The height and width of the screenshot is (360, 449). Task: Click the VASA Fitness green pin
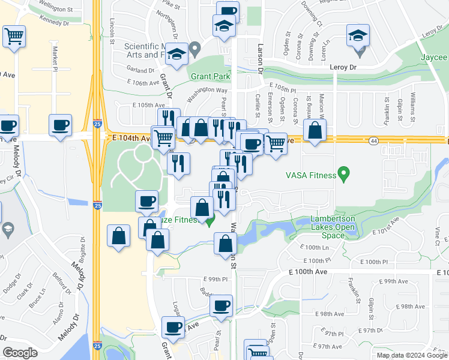[x=343, y=175]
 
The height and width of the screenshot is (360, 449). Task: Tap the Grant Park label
[x=211, y=77]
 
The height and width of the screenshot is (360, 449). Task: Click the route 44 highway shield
[x=373, y=140]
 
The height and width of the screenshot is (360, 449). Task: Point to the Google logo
[x=20, y=353]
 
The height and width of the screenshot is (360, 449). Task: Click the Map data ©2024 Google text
[x=411, y=355]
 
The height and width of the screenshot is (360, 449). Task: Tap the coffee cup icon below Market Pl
[x=61, y=126]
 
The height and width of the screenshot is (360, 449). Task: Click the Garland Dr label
[x=140, y=70]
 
